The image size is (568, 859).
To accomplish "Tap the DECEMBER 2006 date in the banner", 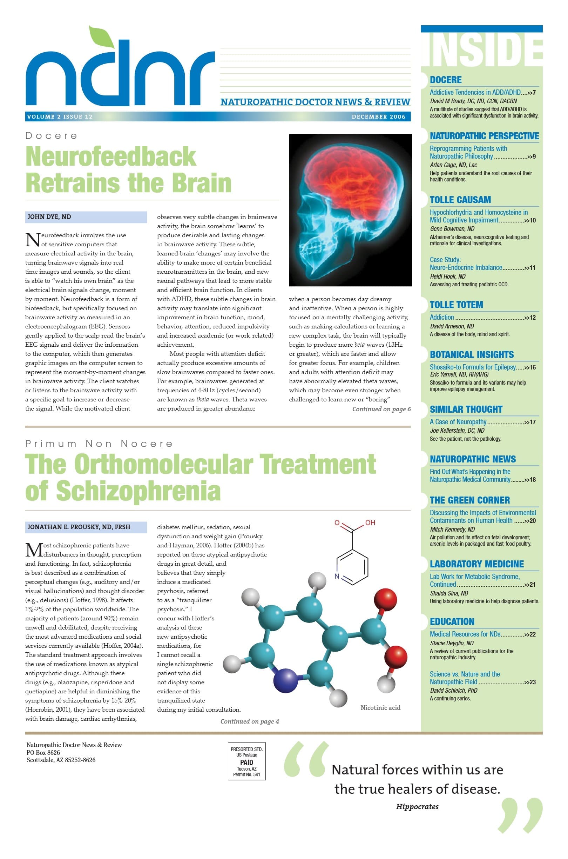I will coord(378,117).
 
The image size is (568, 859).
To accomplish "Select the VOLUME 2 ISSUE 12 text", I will coord(60,117).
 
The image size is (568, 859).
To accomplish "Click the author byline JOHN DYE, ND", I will coord(49,217).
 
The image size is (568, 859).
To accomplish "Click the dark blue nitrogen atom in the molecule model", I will coord(286,681).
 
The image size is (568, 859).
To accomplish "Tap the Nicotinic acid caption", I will coord(380,707).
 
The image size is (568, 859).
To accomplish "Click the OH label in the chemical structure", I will coord(370,522).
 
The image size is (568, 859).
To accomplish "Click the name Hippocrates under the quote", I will coord(417,806).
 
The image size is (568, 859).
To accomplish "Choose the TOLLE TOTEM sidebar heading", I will coord(456,305).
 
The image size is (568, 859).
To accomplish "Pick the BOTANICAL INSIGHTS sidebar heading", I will coord(472,354).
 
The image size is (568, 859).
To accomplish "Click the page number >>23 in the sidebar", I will coord(530,682).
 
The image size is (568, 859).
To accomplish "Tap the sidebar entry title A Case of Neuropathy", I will coord(458,422).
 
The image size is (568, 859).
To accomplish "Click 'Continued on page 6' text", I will coord(381,409).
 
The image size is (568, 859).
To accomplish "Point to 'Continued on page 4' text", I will coord(250,721).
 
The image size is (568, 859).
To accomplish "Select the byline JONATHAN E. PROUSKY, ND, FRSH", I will coord(79,527).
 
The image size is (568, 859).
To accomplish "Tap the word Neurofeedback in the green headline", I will coord(111,157).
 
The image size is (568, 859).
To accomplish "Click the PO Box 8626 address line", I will coord(43,752).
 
